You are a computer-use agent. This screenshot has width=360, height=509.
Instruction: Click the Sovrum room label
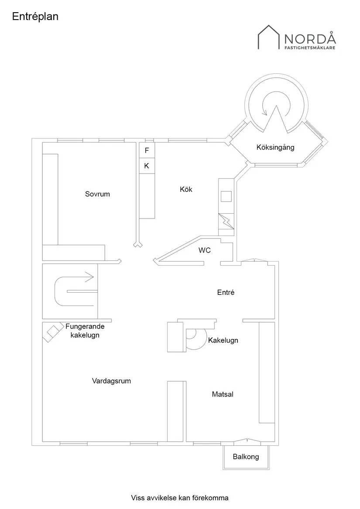coord(97,194)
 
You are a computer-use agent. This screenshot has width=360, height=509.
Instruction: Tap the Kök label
coord(186,189)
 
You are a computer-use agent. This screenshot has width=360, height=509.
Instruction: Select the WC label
coord(205,250)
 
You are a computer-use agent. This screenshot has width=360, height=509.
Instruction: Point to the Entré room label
coord(226,292)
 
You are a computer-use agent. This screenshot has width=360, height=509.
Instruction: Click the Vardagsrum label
coord(111,381)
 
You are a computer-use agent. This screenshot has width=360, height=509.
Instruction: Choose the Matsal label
coord(223,394)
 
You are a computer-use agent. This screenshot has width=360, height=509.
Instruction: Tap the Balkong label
coord(246,457)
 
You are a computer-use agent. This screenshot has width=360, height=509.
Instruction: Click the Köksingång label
coord(275,147)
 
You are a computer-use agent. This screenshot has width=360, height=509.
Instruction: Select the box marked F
coord(147,150)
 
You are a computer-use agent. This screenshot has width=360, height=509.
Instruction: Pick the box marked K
coord(147,165)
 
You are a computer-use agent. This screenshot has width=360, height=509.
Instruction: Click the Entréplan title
coord(35,17)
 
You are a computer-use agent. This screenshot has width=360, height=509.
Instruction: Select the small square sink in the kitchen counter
coord(226,196)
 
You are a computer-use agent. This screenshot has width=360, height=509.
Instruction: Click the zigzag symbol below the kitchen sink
coord(226,221)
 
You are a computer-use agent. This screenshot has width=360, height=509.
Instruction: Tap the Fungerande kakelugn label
coord(85,331)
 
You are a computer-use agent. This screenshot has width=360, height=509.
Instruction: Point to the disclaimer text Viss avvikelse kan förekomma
coord(180,498)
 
